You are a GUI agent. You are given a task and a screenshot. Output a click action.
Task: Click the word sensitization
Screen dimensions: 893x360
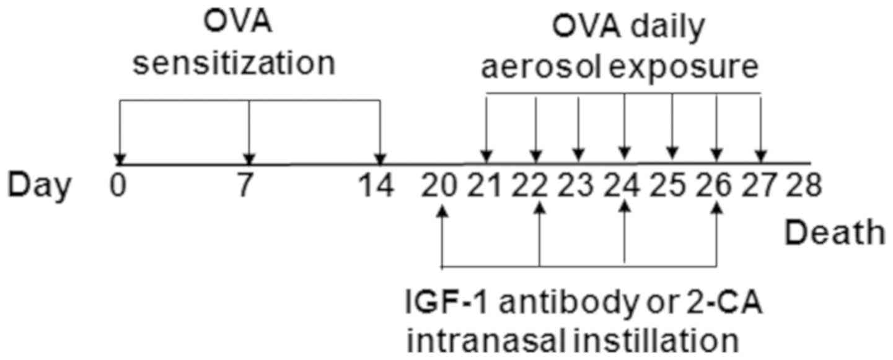(x=234, y=64)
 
